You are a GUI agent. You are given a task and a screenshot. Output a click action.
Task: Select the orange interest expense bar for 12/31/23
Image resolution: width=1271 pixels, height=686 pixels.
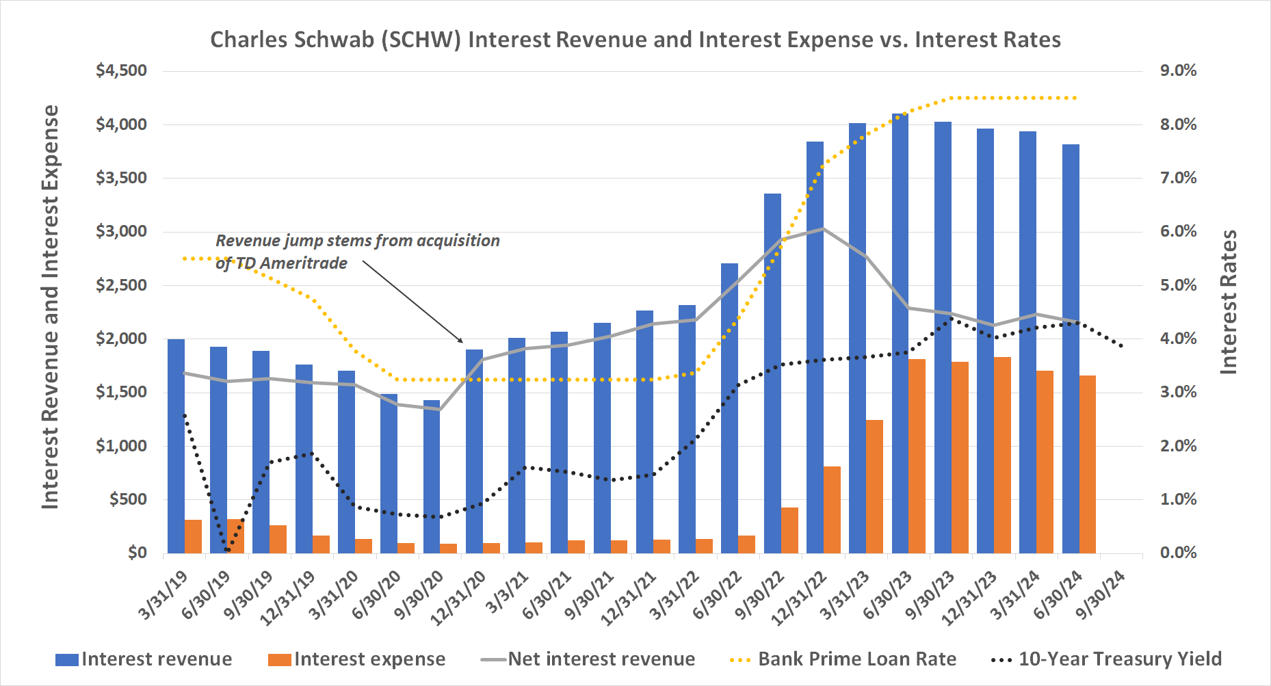pyautogui.click(x=1002, y=455)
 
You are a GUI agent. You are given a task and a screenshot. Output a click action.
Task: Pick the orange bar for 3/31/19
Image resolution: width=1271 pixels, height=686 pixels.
pyautogui.click(x=194, y=536)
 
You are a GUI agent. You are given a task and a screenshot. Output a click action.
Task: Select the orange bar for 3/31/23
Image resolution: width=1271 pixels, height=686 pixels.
pyautogui.click(x=874, y=486)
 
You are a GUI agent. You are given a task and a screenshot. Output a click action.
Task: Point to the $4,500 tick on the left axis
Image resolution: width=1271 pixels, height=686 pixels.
pyautogui.click(x=121, y=70)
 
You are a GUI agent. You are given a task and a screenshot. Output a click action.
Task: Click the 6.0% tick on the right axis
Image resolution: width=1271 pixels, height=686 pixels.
pyautogui.click(x=1178, y=231)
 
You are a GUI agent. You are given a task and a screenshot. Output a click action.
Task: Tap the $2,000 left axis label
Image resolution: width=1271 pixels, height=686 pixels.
pyautogui.click(x=121, y=339)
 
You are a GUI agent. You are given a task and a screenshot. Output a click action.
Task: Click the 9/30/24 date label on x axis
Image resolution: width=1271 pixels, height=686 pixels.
pyautogui.click(x=1101, y=594)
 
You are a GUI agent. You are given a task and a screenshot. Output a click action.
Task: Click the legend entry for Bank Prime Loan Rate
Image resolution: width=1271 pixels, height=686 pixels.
pyautogui.click(x=856, y=659)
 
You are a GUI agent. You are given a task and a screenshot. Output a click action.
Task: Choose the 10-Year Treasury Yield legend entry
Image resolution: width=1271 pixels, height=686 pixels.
pyautogui.click(x=1119, y=659)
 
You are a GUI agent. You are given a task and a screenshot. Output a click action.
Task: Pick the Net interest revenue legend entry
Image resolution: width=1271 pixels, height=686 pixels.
pyautogui.click(x=601, y=659)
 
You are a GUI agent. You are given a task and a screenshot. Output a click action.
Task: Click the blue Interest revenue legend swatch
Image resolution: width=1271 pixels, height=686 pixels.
pyautogui.click(x=67, y=659)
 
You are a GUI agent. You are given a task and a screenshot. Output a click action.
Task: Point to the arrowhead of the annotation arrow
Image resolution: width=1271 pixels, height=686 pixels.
pyautogui.click(x=462, y=341)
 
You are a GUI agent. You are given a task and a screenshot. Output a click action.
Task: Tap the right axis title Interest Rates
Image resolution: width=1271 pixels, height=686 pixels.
pyautogui.click(x=1229, y=302)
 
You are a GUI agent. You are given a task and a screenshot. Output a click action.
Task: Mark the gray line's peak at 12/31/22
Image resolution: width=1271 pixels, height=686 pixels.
pyautogui.click(x=824, y=228)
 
